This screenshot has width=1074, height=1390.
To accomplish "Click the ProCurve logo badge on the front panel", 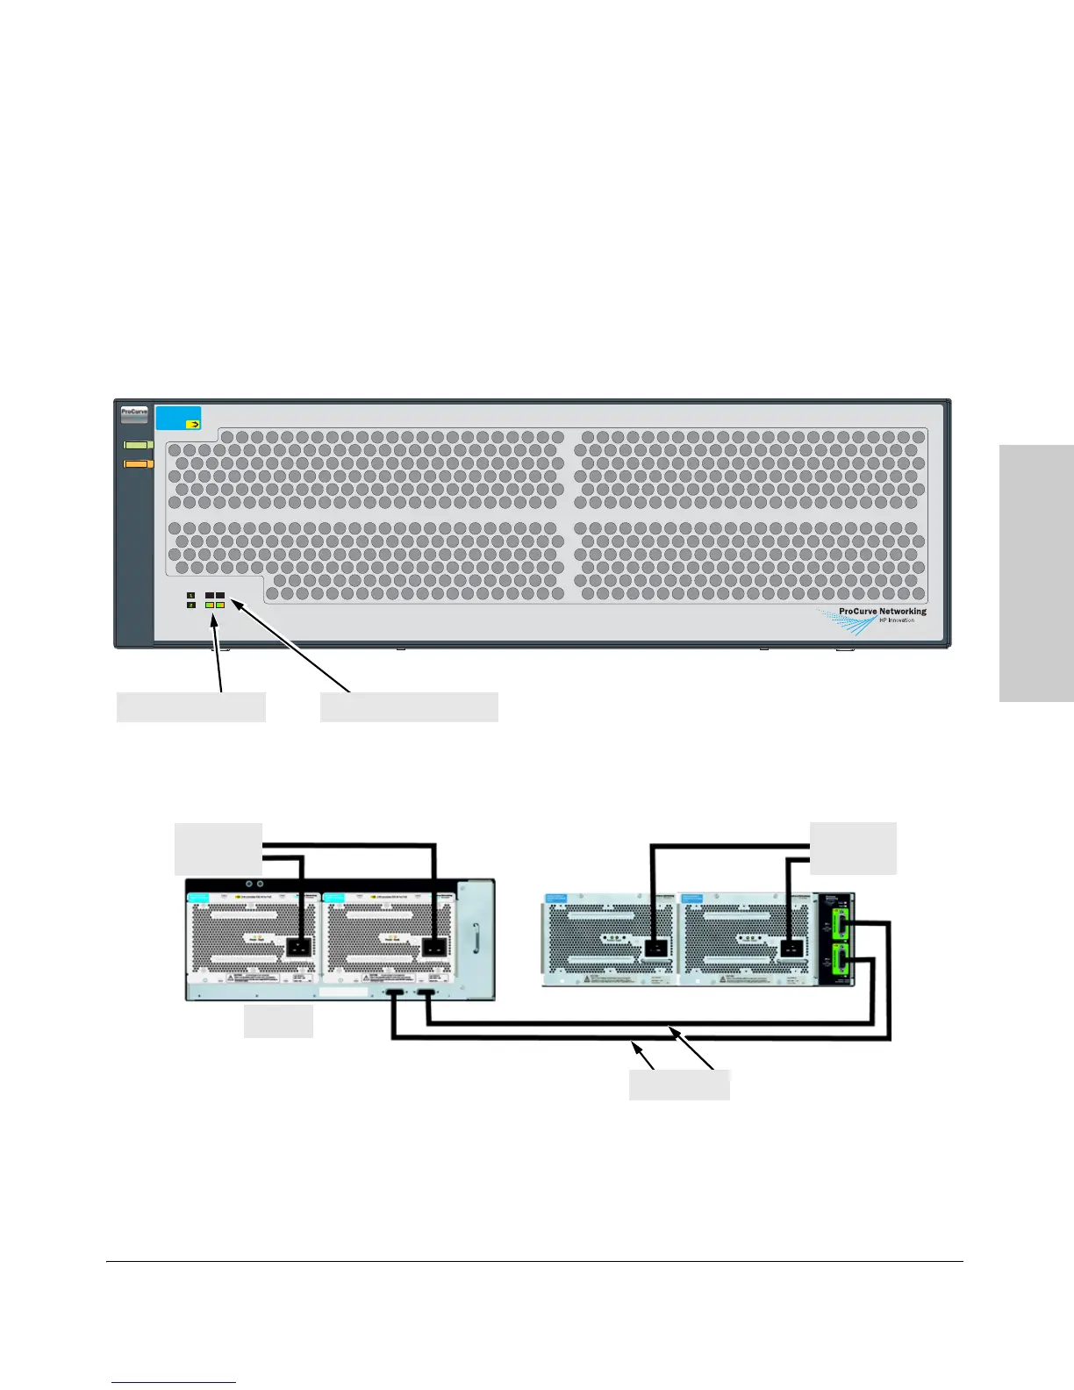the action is [134, 413].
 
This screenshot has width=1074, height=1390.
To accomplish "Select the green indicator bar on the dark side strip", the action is [139, 445].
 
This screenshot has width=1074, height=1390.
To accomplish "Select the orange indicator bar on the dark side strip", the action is [139, 463].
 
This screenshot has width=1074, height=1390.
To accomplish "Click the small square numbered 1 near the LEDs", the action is [190, 596].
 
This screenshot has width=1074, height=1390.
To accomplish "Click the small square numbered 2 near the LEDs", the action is [190, 605].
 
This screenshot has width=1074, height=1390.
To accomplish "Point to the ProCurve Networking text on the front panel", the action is [882, 612].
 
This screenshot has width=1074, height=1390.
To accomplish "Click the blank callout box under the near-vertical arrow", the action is [191, 707].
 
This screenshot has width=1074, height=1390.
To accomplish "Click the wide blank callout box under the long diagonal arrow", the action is [409, 707].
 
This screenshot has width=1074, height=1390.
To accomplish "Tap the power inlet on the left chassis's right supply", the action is [434, 946].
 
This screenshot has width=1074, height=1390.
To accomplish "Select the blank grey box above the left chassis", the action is [218, 849].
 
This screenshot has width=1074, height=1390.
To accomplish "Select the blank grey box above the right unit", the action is [853, 848].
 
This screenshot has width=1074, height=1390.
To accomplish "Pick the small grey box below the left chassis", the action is [278, 1022].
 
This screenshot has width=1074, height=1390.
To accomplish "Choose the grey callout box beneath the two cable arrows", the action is [679, 1085].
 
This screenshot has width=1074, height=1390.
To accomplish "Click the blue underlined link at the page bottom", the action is [175, 1382].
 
